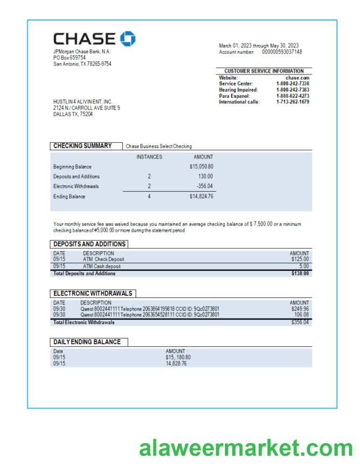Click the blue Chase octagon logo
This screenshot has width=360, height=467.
[127, 38]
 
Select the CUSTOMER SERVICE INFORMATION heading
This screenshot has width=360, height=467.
[264, 71]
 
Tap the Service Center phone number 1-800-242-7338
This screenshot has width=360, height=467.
[292, 84]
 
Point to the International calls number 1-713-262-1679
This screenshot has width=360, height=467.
[292, 102]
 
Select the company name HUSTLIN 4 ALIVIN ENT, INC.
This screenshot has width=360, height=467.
[83, 102]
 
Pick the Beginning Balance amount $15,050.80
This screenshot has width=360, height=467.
[201, 166]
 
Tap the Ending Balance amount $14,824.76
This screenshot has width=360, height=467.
[201, 196]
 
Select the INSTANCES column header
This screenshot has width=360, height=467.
[149, 157]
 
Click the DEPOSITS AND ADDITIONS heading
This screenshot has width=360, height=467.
[89, 244]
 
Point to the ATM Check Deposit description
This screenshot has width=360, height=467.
[103, 259]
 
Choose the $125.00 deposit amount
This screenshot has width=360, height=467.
[299, 259]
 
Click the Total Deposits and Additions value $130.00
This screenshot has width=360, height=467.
[299, 273]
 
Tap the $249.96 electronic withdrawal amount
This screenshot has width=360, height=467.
[299, 309]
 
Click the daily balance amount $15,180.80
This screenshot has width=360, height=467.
[178, 357]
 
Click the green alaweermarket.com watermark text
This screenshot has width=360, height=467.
[246, 448]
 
